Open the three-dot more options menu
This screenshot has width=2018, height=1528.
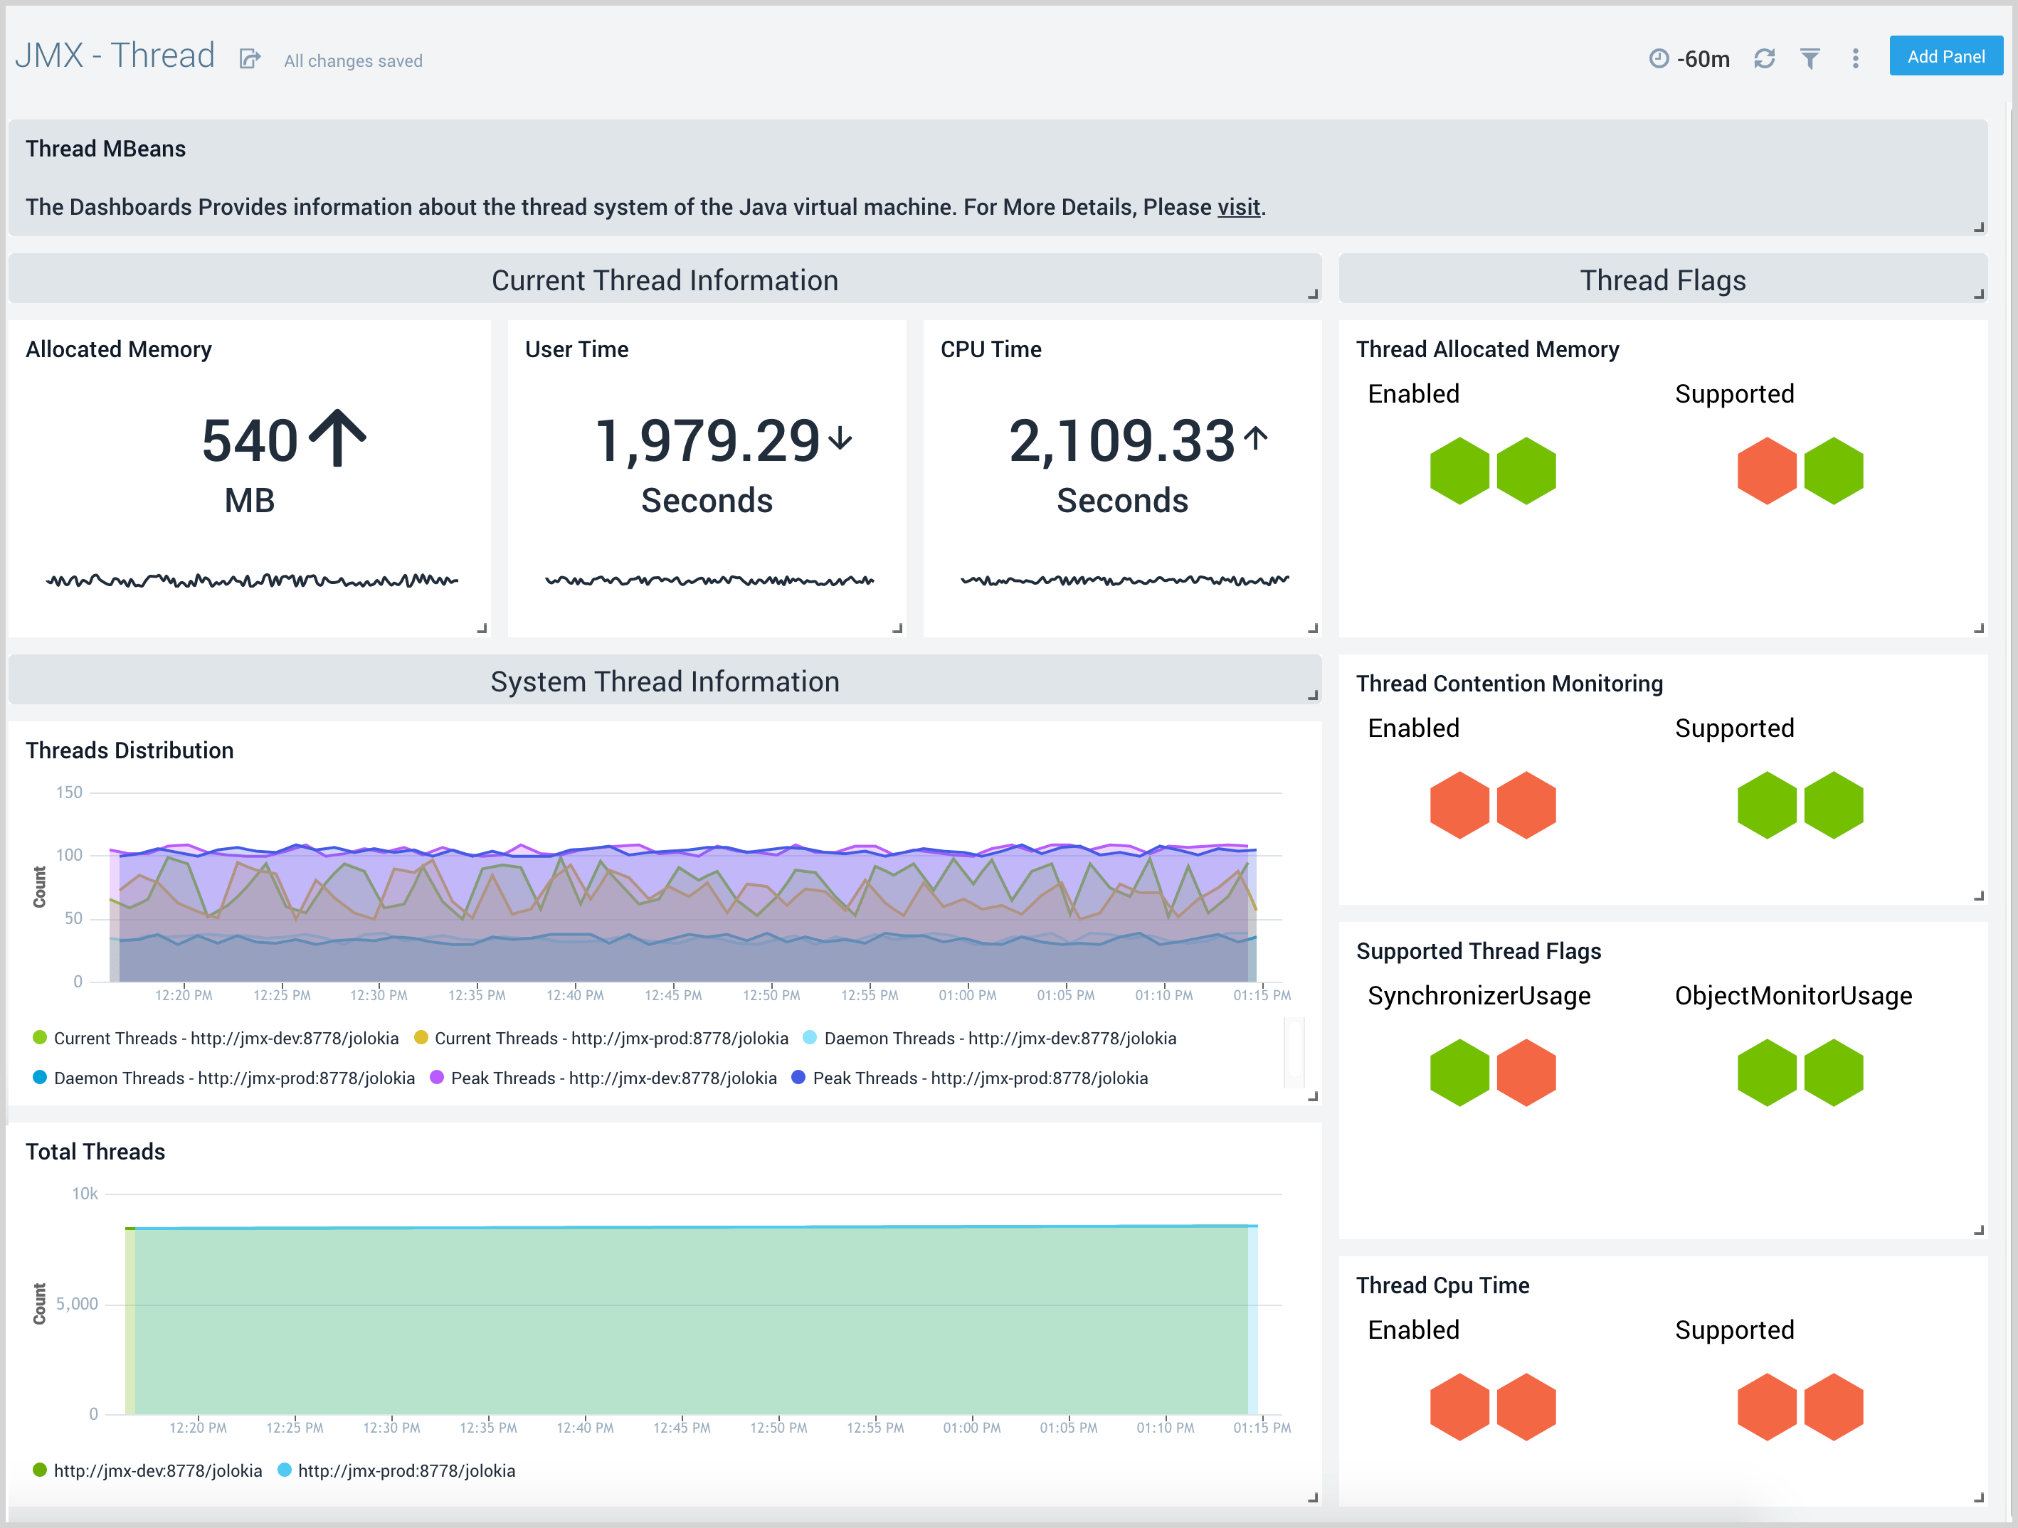(x=1855, y=59)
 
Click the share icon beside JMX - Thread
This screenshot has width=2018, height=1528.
(x=250, y=59)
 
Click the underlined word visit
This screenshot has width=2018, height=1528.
(x=1238, y=207)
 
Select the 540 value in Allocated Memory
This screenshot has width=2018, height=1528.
(x=250, y=440)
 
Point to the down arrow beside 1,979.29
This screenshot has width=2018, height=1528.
(x=840, y=439)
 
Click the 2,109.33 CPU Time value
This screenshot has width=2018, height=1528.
(x=1121, y=440)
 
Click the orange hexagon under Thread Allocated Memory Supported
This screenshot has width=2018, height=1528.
(x=1766, y=471)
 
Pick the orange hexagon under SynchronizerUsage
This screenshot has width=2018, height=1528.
(x=1526, y=1073)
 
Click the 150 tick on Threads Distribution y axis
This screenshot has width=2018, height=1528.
(x=69, y=792)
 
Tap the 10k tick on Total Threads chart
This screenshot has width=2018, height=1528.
(x=85, y=1193)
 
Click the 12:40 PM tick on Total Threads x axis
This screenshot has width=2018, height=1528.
(x=585, y=1428)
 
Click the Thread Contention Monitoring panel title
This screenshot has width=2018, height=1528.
(x=1509, y=684)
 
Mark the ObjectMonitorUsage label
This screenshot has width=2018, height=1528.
(x=1792, y=996)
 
